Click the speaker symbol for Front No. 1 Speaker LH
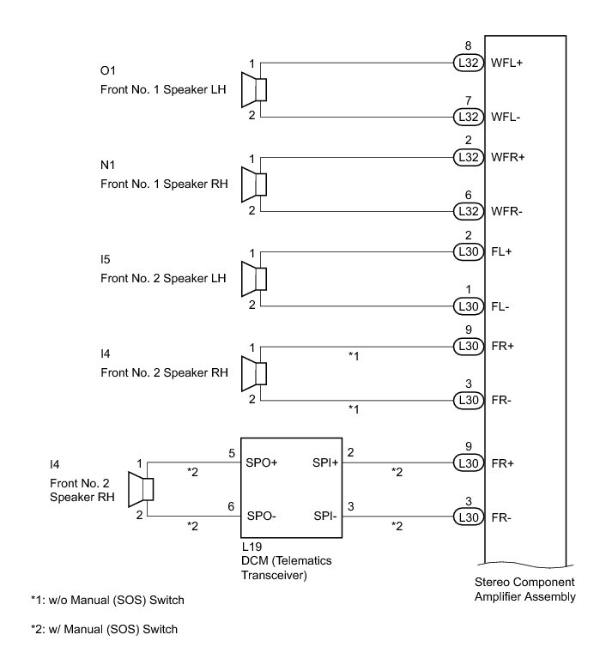(256, 89)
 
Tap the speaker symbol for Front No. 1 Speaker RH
(256, 184)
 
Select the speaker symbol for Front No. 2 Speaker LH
(256, 279)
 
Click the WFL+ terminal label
(506, 63)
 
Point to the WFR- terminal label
(506, 211)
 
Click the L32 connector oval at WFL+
(468, 63)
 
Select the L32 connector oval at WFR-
(468, 211)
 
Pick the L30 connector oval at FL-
(468, 306)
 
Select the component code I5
(106, 259)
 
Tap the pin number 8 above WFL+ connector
(468, 45)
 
